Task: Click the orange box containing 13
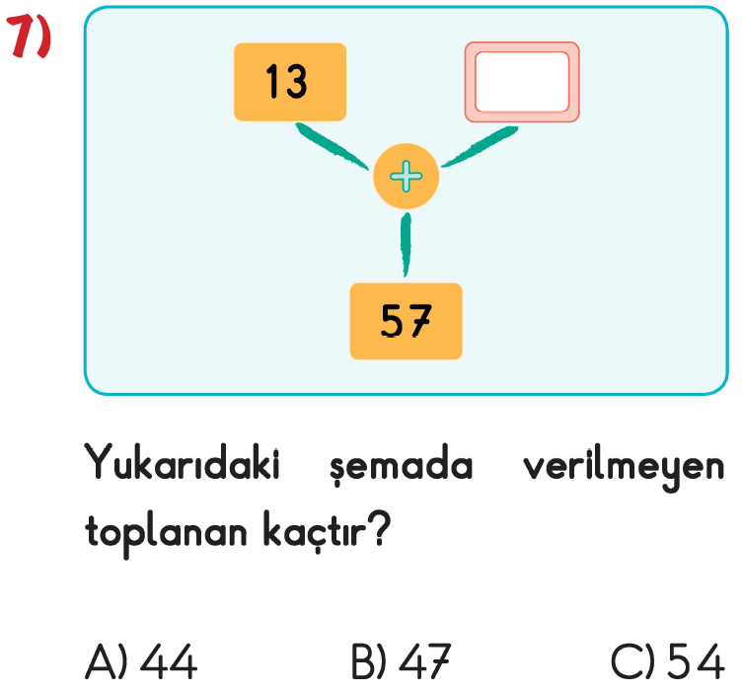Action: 290,82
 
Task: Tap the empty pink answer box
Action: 522,82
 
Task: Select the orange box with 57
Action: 406,322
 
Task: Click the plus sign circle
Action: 406,176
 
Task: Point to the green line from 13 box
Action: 332,146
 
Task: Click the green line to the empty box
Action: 480,147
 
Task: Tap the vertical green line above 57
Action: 406,245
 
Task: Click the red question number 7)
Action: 29,36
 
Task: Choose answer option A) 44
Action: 141,661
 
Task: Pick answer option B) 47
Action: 402,661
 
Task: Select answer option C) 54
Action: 668,661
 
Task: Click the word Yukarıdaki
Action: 183,462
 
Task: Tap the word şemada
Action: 402,465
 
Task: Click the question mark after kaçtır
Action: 380,528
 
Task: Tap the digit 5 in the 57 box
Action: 392,321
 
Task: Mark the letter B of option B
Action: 363,661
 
